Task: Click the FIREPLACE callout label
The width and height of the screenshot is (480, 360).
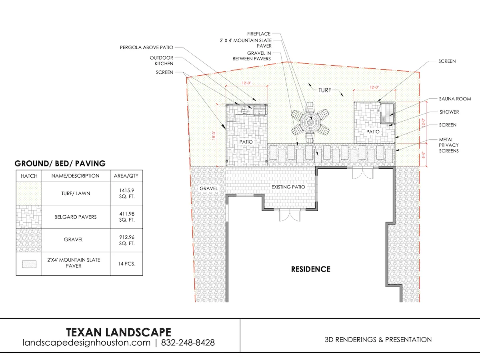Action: pos(259,34)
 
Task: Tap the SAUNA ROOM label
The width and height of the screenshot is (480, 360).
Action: pos(455,99)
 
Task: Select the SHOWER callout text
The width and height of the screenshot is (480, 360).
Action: pos(449,112)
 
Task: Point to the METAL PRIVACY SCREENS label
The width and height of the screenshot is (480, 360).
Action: pos(448,145)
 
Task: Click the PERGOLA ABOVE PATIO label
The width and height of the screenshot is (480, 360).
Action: pos(146,48)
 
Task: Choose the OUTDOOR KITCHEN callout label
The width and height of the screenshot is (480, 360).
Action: pos(161,60)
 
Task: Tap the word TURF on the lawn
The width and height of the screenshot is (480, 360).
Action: pos(325,90)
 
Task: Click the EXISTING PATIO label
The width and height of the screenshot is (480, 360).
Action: pos(288,187)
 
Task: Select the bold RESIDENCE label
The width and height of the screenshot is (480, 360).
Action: pos(310,269)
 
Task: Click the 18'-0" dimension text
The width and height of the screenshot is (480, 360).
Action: pos(214,135)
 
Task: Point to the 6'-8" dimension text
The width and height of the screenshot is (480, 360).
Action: pos(424,155)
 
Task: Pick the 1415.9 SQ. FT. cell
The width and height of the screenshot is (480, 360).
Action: pos(127,194)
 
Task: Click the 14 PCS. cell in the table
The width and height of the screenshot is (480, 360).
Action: pos(127,264)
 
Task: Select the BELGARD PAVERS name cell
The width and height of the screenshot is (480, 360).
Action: pos(76,217)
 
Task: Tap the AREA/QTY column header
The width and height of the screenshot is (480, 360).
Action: pos(126,176)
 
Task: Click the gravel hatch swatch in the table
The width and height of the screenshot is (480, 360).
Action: pos(29,240)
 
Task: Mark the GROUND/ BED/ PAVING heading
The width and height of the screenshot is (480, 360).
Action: pos(60,164)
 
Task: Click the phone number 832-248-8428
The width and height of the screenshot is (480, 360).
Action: pos(188,342)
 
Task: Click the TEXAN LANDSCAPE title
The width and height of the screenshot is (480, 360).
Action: pos(118,332)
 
